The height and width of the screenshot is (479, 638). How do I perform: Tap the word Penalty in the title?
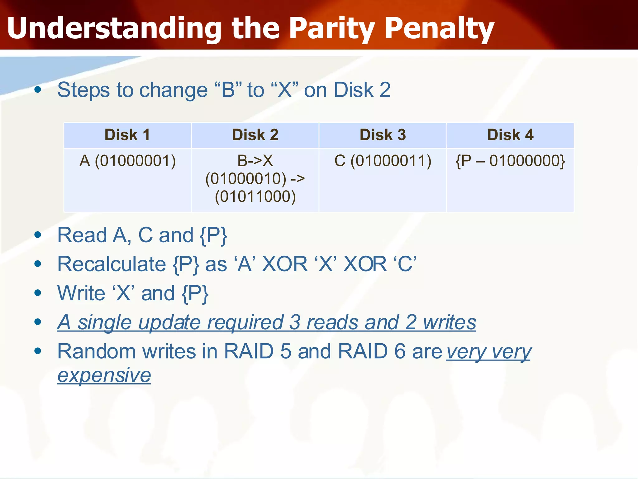(439, 29)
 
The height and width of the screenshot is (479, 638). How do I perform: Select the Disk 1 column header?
(127, 135)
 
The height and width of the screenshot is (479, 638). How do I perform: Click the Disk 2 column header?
(255, 135)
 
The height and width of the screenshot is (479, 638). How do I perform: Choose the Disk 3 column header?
(383, 135)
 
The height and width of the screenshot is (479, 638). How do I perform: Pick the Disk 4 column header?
(510, 135)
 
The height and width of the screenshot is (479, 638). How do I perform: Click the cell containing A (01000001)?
(127, 161)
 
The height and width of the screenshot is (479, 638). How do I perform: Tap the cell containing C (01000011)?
(383, 161)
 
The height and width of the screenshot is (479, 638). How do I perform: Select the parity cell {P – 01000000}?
(510, 161)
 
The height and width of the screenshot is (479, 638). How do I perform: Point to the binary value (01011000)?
(255, 197)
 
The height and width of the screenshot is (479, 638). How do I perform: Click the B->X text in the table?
(255, 161)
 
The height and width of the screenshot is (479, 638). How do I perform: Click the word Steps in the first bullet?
(83, 90)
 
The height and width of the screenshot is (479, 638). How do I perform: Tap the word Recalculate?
(112, 264)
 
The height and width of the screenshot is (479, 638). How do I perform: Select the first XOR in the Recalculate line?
(285, 264)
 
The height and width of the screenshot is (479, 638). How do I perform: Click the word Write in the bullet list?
(81, 293)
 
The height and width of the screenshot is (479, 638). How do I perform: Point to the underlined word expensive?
(104, 375)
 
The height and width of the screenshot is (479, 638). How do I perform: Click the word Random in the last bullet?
(96, 351)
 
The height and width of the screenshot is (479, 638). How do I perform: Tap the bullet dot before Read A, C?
(38, 235)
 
